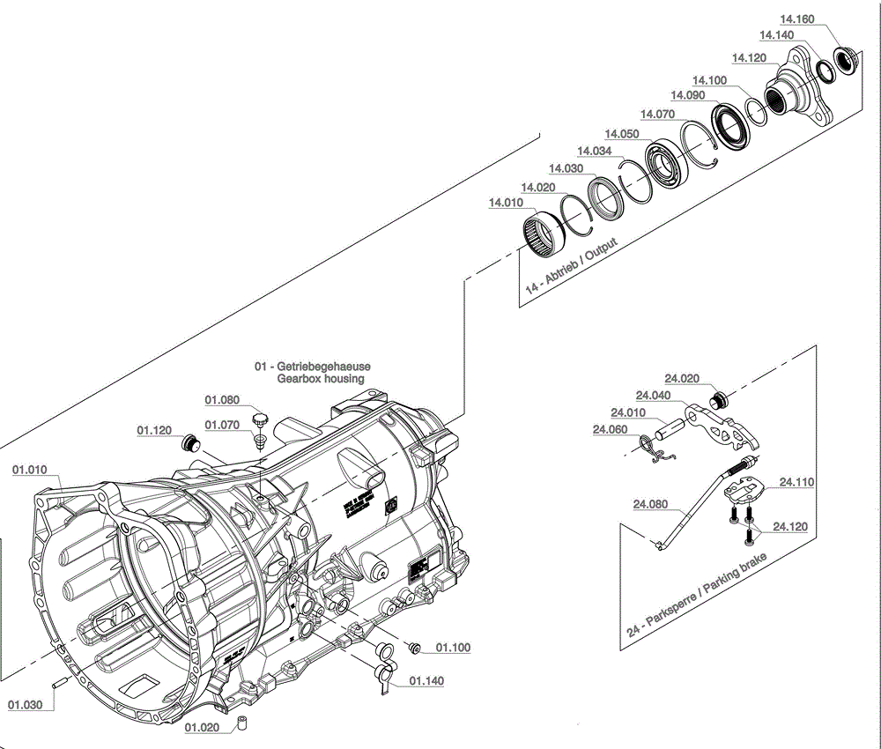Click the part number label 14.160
click(796, 19)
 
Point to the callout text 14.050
click(621, 134)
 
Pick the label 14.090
click(687, 95)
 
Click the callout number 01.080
click(222, 400)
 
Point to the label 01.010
click(30, 471)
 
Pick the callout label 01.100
click(453, 648)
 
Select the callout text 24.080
click(650, 505)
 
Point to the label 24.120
click(789, 527)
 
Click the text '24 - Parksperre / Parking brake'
click(697, 595)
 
